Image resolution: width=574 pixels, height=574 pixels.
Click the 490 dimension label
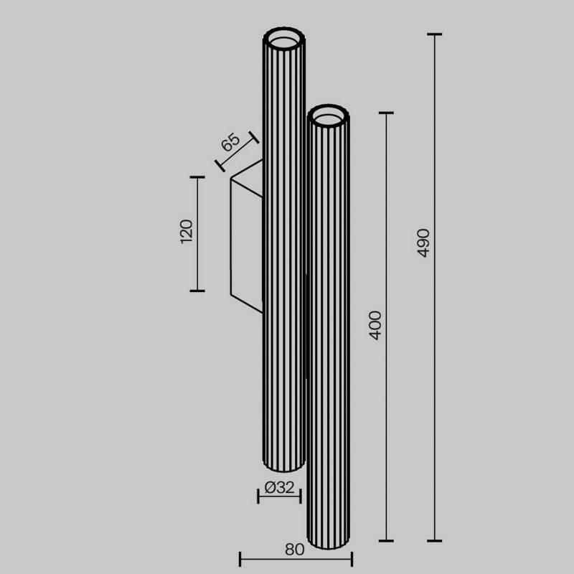423,243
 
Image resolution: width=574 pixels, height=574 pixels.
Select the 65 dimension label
230,141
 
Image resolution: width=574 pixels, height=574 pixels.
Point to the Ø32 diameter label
279,488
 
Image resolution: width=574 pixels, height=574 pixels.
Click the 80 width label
294,550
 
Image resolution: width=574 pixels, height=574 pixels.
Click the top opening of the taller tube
285,38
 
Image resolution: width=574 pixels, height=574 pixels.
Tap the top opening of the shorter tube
330,116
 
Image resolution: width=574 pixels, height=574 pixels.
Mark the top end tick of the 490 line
434,34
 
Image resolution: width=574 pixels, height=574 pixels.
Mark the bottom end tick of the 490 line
434,540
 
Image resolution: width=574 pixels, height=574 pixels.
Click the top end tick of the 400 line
387,113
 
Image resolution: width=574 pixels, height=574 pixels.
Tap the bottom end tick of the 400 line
387,540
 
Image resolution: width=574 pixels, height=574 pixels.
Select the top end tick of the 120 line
197,177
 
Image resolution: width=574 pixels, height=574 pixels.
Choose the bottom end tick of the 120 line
197,291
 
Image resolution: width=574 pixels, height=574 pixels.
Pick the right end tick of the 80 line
351,558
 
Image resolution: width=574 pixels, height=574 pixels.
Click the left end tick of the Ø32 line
258,496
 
